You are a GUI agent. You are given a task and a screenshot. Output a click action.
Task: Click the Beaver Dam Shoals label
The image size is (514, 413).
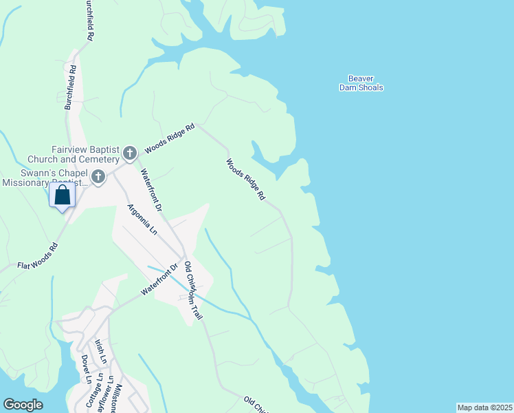[361, 83]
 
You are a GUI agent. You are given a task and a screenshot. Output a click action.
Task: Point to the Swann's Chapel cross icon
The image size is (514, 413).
[98, 178]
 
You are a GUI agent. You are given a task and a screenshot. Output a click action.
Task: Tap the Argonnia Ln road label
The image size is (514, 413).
[142, 220]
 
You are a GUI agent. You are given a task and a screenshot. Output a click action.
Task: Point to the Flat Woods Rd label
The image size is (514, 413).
[38, 256]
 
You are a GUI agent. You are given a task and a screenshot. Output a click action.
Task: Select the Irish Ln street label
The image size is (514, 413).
[101, 351]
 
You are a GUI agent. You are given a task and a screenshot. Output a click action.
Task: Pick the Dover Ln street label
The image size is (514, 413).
[85, 368]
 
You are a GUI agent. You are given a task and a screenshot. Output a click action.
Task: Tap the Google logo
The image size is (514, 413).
[23, 405]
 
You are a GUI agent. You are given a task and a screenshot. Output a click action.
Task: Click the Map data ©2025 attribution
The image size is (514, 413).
[484, 407]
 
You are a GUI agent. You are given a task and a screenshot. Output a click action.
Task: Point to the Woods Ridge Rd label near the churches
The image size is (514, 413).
[170, 138]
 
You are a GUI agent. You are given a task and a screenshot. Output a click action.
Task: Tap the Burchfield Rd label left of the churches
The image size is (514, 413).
[69, 87]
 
